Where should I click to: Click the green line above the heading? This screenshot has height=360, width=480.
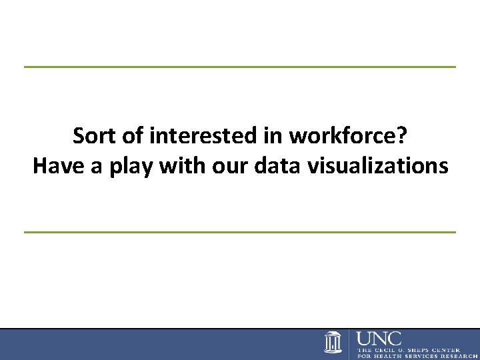pos(240,67)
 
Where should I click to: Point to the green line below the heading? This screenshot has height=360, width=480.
pos(240,231)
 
